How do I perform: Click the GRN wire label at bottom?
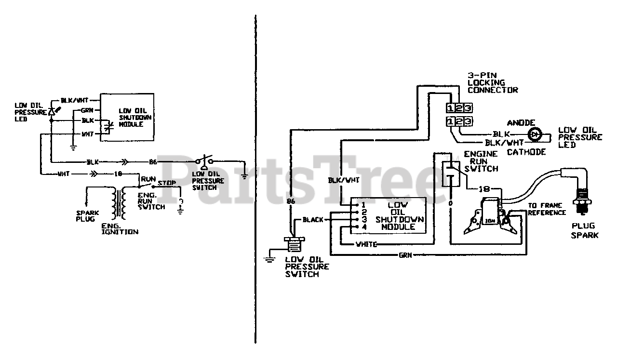[x=406, y=255]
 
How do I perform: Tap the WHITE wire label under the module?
[x=366, y=244]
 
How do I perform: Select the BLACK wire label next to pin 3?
[x=313, y=220]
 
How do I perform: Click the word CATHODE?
[x=526, y=152]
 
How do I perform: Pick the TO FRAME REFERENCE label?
[x=547, y=209]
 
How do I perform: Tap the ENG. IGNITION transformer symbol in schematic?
[x=119, y=203]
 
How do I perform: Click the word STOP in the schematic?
[x=166, y=183]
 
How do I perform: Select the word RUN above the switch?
[x=146, y=178]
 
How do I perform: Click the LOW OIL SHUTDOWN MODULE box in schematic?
[x=127, y=117]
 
